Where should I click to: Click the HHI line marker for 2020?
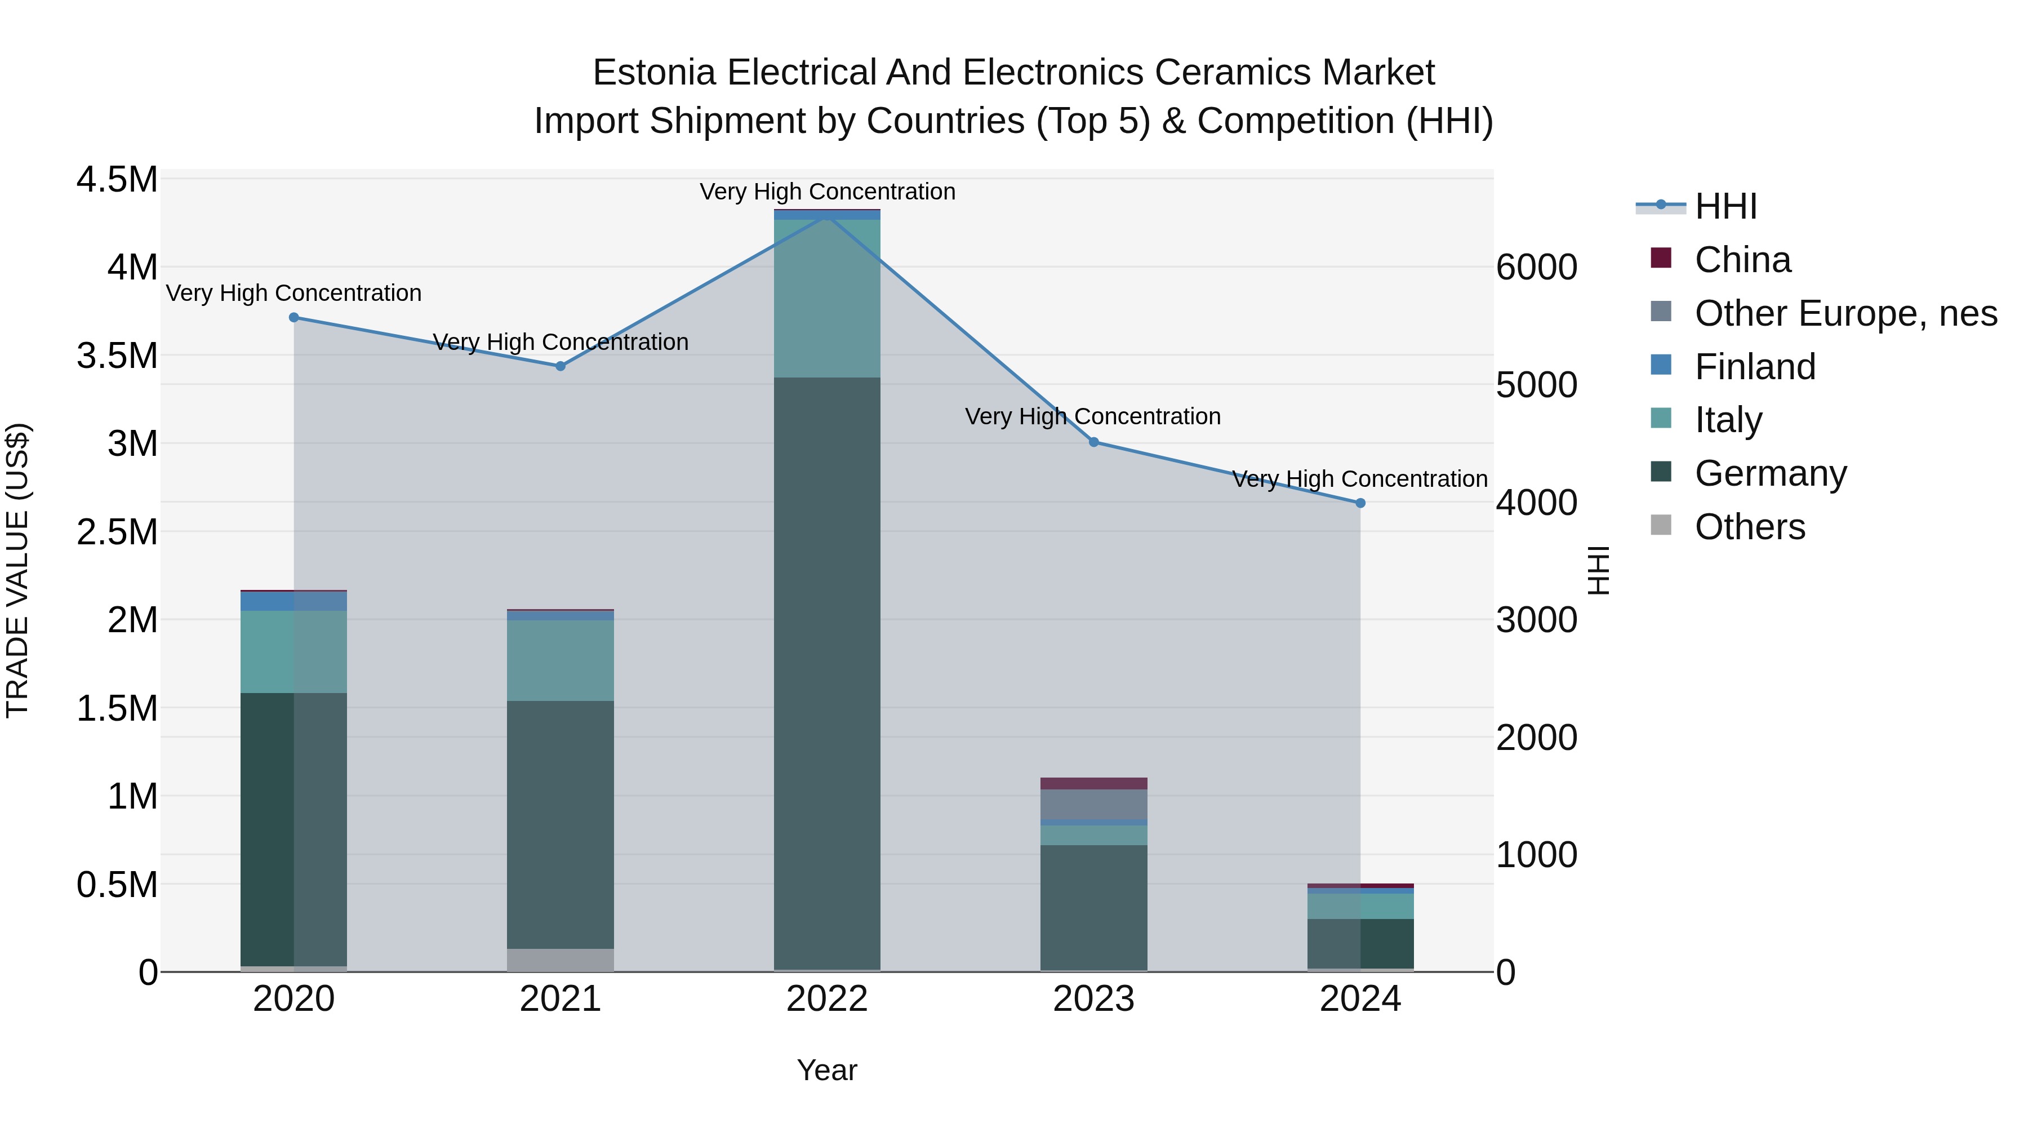coord(293,317)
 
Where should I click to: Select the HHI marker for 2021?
coord(561,366)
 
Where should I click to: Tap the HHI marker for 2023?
coord(1093,442)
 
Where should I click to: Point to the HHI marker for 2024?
coord(1360,503)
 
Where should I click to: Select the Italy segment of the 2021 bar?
coord(561,661)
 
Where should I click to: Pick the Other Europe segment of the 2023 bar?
coord(1093,804)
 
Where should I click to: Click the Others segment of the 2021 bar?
coord(561,960)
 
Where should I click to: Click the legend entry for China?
coord(1742,260)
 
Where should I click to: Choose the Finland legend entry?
coord(1755,367)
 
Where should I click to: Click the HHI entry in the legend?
coord(1725,206)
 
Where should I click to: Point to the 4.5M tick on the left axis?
coord(117,180)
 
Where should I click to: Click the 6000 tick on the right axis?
coord(1536,268)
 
